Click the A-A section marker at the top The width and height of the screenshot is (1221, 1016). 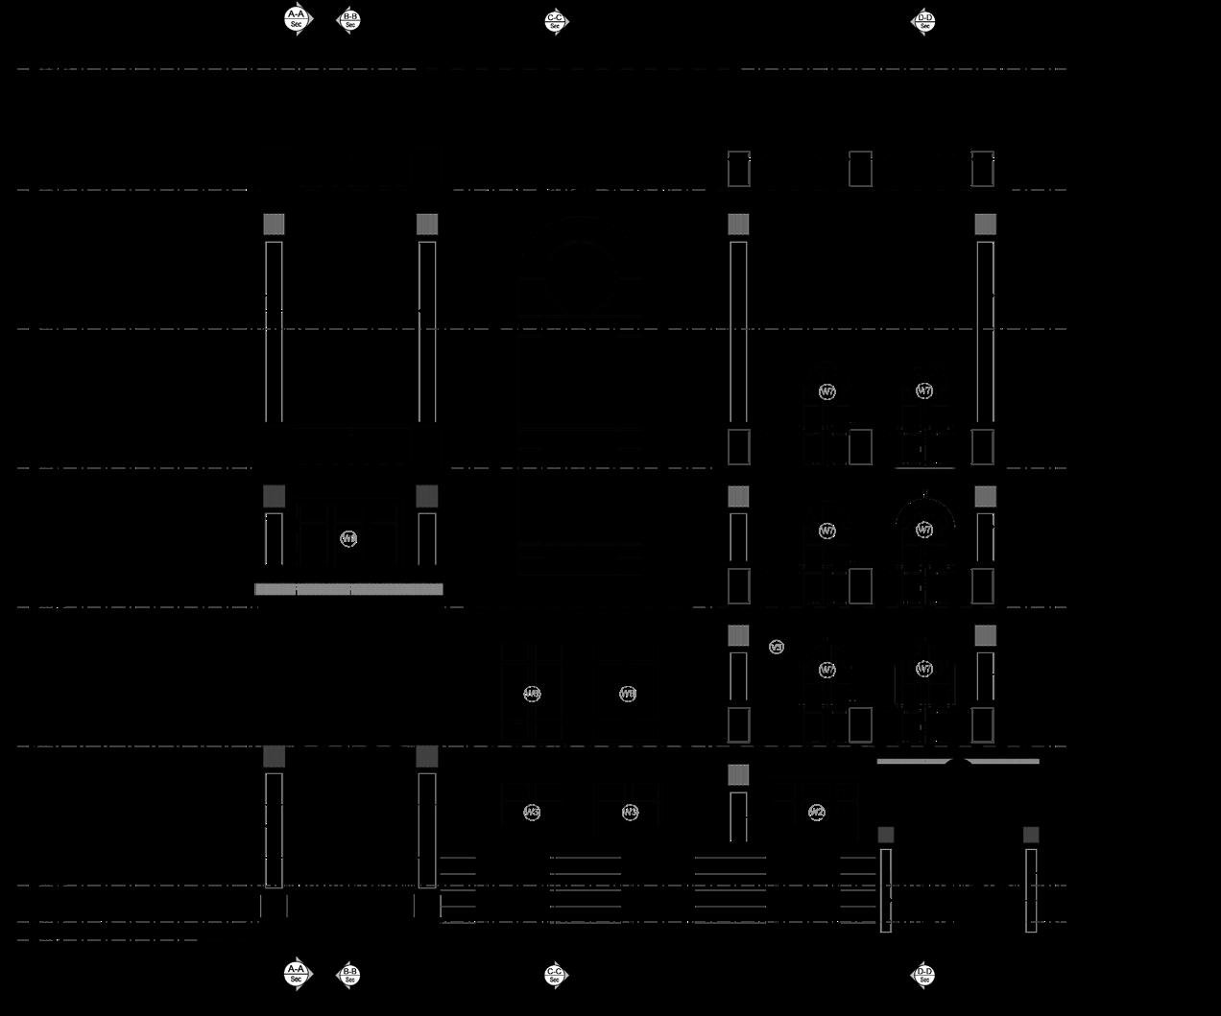(x=298, y=18)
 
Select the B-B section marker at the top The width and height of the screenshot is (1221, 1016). (x=350, y=19)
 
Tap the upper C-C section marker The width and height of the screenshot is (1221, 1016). (x=555, y=21)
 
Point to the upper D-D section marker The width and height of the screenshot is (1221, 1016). (x=924, y=21)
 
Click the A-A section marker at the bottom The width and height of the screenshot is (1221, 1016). (x=298, y=973)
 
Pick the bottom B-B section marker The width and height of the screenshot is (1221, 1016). (x=350, y=975)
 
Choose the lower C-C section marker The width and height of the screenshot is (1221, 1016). (x=555, y=975)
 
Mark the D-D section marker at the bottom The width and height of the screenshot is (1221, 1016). (x=924, y=975)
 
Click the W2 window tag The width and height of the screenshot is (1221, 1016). (x=816, y=813)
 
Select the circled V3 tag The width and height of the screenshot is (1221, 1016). (x=777, y=648)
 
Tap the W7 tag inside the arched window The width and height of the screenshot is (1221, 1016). (x=924, y=530)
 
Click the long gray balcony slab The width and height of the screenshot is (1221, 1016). (x=348, y=589)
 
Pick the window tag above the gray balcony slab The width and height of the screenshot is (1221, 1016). (x=348, y=539)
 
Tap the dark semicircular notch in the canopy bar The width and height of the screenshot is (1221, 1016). (x=958, y=762)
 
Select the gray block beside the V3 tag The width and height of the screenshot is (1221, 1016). (x=738, y=635)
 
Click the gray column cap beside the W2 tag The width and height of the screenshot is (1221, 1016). (x=738, y=774)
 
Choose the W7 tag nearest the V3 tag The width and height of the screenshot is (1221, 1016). (x=827, y=670)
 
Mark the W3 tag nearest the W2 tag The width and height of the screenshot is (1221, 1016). (x=630, y=813)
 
